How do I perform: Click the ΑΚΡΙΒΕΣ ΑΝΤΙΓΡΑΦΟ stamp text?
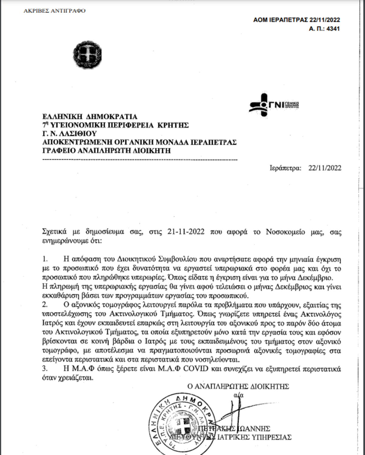click(54, 11)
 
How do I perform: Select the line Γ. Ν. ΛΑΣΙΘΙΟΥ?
click(69, 134)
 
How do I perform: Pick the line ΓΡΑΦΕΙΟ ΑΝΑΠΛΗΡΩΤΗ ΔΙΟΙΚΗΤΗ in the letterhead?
click(106, 151)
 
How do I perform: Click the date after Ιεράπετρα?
click(325, 168)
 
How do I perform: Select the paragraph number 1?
click(45, 259)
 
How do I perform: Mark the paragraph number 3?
click(45, 369)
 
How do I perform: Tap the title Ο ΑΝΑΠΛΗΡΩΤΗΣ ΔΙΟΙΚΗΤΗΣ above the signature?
click(238, 387)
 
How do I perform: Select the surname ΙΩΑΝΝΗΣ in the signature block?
click(254, 429)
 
